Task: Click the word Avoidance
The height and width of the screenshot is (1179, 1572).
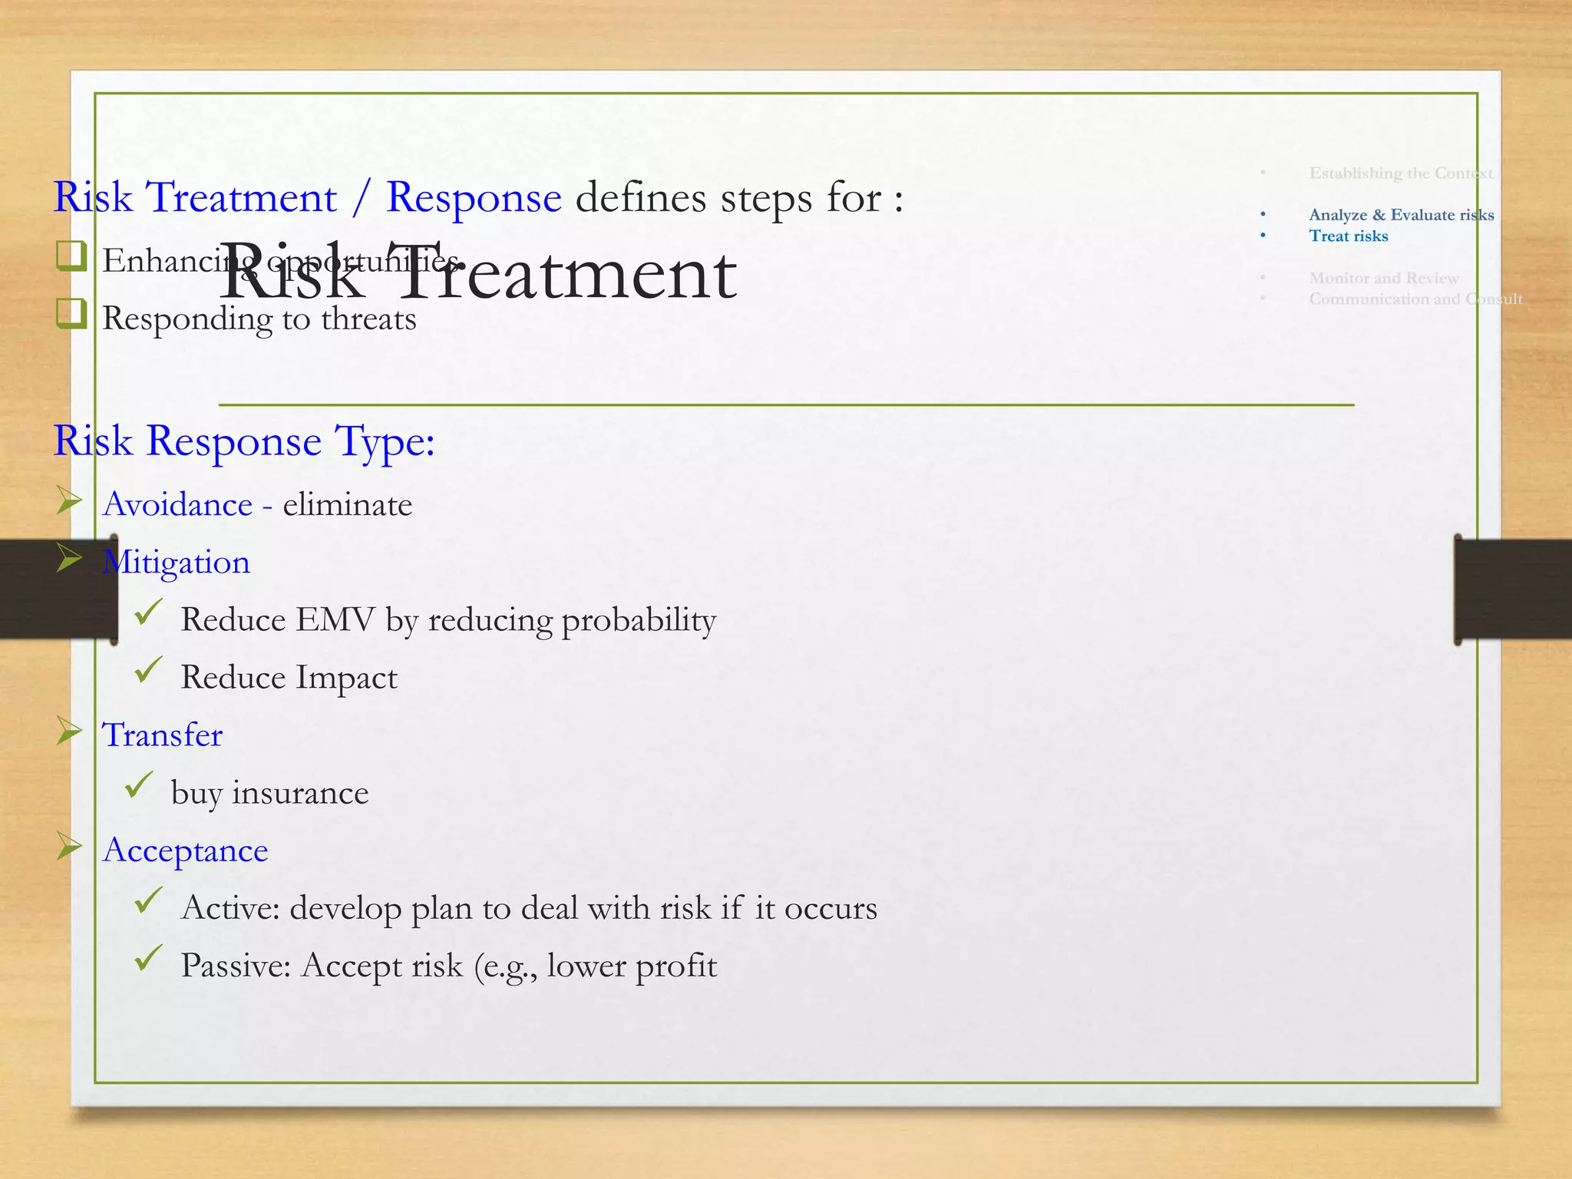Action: [x=177, y=504]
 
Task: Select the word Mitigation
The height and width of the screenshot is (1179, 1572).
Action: [x=177, y=563]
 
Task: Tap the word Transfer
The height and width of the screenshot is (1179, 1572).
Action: [x=163, y=735]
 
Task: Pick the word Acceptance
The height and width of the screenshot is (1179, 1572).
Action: [x=185, y=850]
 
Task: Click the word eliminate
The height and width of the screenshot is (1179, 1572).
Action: [x=347, y=504]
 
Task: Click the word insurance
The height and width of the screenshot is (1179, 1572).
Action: [x=300, y=793]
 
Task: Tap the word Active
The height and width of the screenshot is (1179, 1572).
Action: [x=230, y=908]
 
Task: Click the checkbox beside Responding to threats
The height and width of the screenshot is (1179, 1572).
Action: [x=71, y=313]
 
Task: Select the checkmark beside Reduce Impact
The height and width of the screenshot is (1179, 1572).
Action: [x=147, y=670]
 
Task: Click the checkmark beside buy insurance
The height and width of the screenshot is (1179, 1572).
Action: [x=138, y=785]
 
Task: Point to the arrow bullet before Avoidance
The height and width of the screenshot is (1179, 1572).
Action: [x=69, y=501]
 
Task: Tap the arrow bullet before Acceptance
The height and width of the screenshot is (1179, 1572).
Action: [x=69, y=847]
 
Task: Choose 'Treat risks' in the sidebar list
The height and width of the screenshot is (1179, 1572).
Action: [x=1349, y=236]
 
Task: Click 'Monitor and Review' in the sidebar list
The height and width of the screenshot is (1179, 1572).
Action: [x=1384, y=278]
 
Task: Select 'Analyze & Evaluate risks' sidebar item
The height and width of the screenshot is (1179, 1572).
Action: [x=1401, y=215]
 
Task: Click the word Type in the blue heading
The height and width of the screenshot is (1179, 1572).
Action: [x=384, y=442]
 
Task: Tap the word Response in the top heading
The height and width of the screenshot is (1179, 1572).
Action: [x=474, y=198]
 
